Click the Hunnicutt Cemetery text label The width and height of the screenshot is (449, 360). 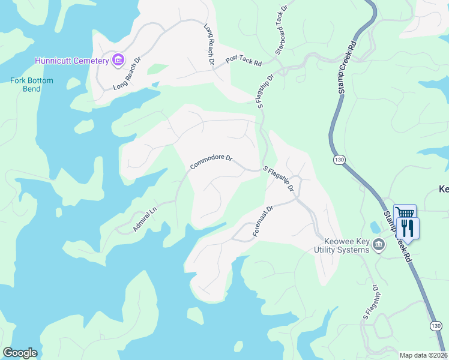71,61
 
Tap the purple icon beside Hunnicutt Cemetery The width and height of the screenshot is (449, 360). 117,60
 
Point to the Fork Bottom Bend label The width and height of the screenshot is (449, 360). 32,85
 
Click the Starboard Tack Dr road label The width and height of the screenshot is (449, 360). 281,28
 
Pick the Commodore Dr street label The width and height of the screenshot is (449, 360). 211,161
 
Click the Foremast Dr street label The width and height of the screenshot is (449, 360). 263,220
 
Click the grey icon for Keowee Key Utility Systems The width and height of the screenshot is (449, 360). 379,244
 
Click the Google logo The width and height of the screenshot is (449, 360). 20,352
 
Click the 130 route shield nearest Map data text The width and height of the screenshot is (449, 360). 436,326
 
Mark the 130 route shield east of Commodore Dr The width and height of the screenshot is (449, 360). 339,160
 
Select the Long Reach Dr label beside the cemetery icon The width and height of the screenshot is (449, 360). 127,73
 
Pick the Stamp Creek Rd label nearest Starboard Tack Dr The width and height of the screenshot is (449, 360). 348,67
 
